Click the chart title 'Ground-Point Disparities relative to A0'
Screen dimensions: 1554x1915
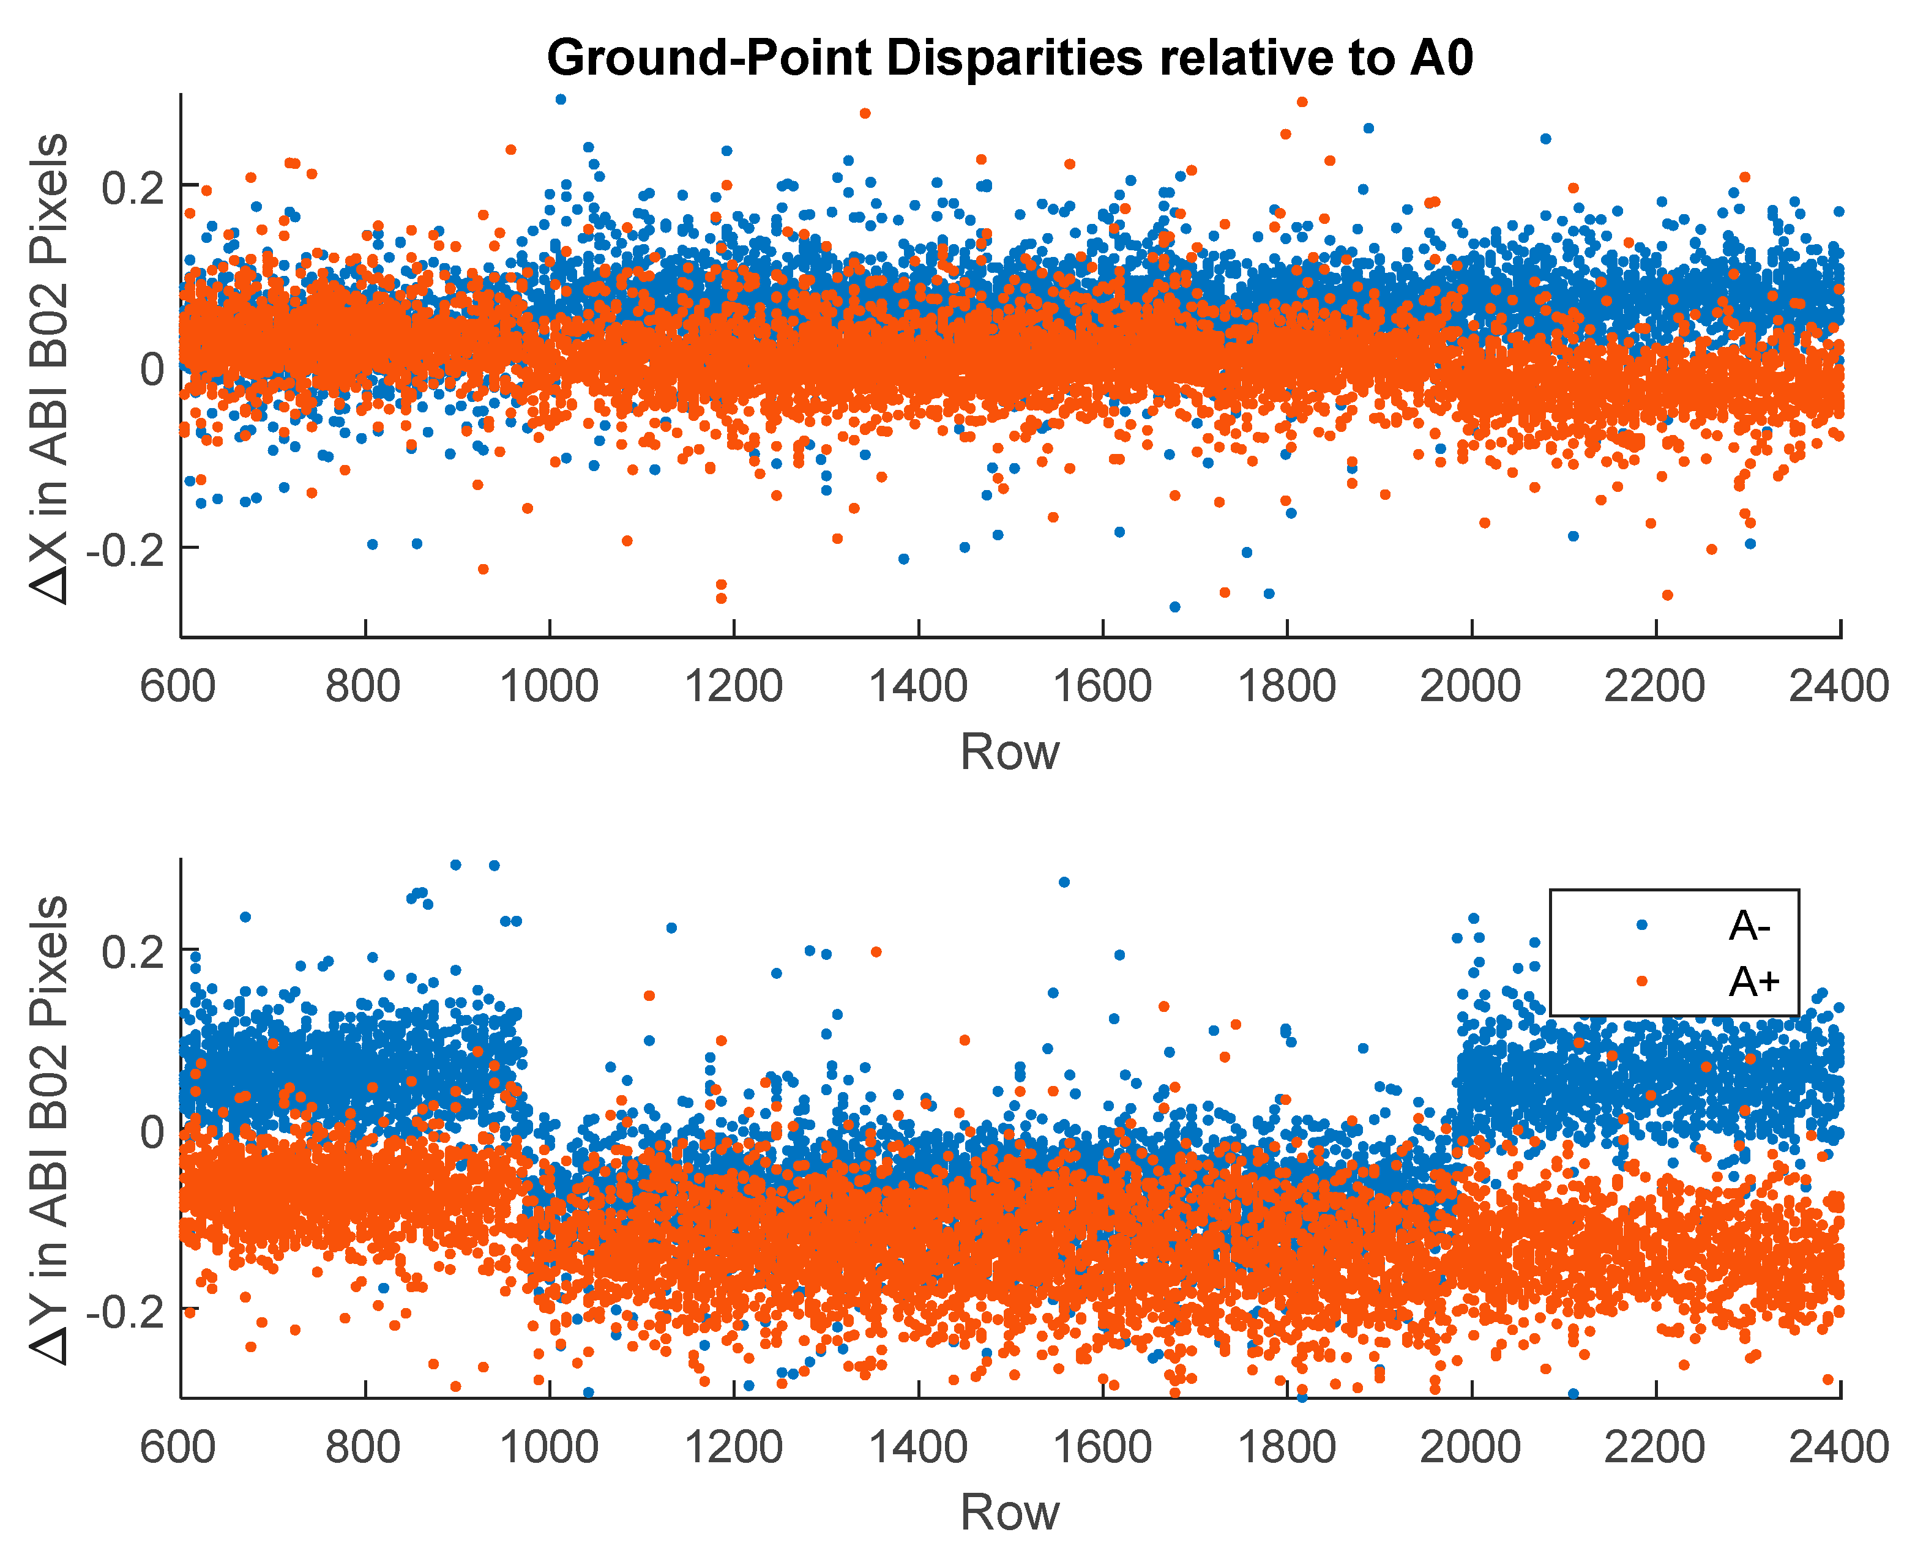click(1009, 58)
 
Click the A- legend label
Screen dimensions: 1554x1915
click(1749, 926)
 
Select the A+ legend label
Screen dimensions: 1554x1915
click(1753, 982)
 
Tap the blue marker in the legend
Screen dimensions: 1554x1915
click(1641, 924)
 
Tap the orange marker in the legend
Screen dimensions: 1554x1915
click(1641, 981)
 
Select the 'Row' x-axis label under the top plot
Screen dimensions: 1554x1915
click(1009, 752)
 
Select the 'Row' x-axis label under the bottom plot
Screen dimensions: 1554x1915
click(1009, 1513)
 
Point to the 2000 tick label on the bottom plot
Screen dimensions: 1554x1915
click(1470, 1448)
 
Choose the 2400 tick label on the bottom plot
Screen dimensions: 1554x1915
click(1838, 1448)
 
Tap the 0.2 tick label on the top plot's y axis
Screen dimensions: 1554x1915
click(132, 187)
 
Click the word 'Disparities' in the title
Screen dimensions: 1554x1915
click(1014, 58)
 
